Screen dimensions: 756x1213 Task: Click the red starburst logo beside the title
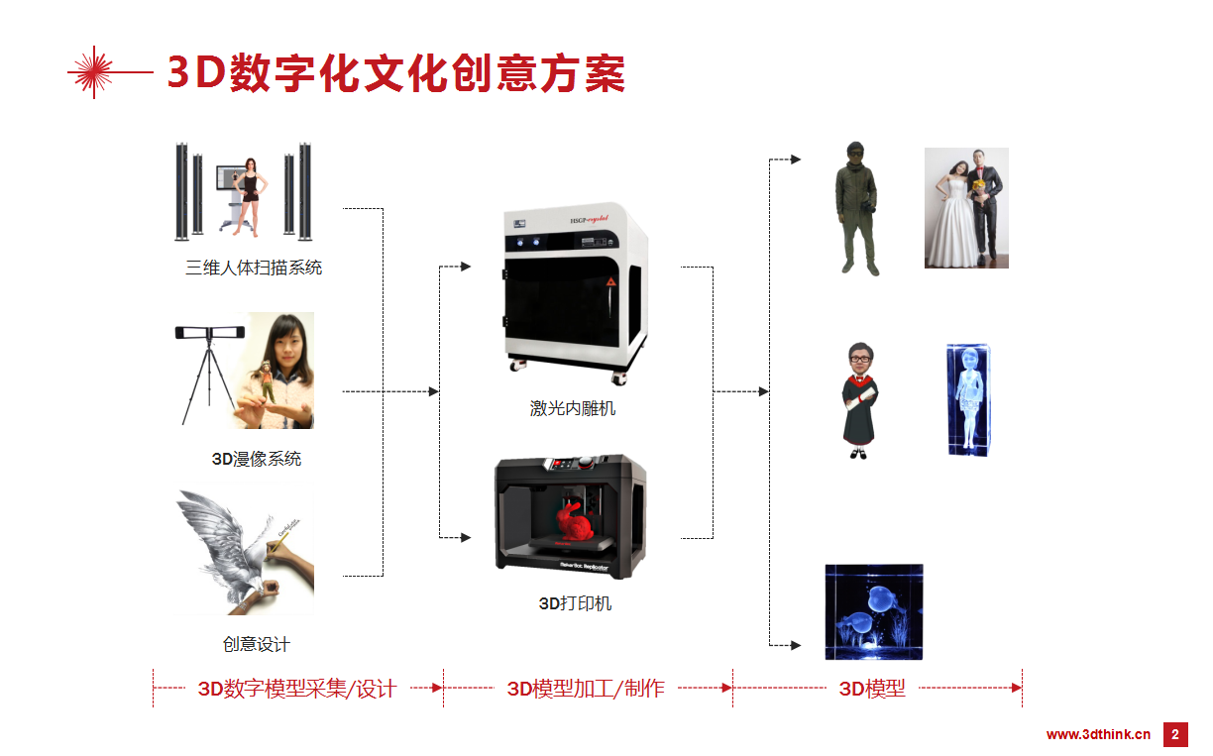click(x=94, y=72)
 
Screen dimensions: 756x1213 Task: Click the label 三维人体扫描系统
click(x=254, y=268)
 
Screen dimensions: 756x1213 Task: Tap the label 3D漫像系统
click(x=257, y=459)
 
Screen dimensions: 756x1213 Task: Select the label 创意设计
click(x=257, y=644)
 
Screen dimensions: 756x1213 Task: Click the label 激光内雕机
click(x=573, y=408)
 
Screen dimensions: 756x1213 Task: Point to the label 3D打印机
click(x=575, y=602)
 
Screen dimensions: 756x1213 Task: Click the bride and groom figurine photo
click(x=966, y=208)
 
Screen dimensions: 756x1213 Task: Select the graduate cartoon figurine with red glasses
click(x=859, y=400)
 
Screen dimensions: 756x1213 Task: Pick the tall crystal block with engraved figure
click(x=968, y=399)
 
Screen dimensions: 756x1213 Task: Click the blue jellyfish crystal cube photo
click(x=873, y=611)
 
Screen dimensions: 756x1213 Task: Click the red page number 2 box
click(x=1175, y=734)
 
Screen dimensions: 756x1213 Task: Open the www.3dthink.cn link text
click(x=1098, y=734)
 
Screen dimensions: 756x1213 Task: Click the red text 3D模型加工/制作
click(x=586, y=688)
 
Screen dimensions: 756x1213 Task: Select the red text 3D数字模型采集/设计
click(x=297, y=688)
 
